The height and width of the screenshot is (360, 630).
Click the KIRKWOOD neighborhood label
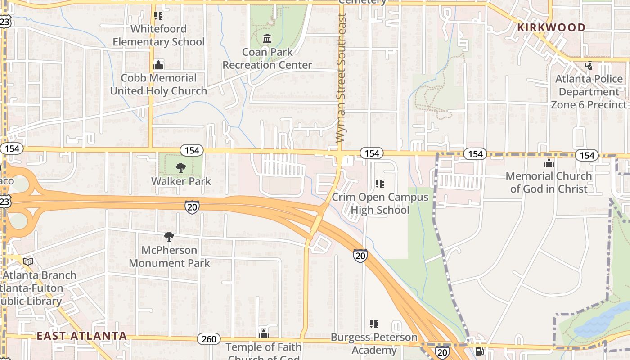551,27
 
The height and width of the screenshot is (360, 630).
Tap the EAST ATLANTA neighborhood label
81,336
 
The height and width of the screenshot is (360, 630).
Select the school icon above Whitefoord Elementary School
158,16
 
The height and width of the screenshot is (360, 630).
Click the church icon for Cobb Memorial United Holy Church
158,65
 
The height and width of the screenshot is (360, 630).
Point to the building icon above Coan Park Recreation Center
267,39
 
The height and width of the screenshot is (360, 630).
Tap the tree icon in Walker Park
180,168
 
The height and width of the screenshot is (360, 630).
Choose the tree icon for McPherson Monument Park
169,237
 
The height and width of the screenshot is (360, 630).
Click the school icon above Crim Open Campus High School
380,184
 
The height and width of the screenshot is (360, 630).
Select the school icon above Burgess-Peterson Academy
373,324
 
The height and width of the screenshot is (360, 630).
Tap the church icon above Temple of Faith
264,334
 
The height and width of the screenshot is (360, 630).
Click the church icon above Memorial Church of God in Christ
549,163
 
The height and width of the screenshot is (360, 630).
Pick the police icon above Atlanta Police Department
589,66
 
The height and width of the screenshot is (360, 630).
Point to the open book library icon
28,261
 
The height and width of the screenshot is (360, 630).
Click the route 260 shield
209,339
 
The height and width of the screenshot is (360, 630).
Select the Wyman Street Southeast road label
342,77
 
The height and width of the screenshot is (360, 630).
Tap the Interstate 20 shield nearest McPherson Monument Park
192,207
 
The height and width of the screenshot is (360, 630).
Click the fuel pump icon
480,351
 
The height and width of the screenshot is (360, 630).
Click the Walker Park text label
181,181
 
